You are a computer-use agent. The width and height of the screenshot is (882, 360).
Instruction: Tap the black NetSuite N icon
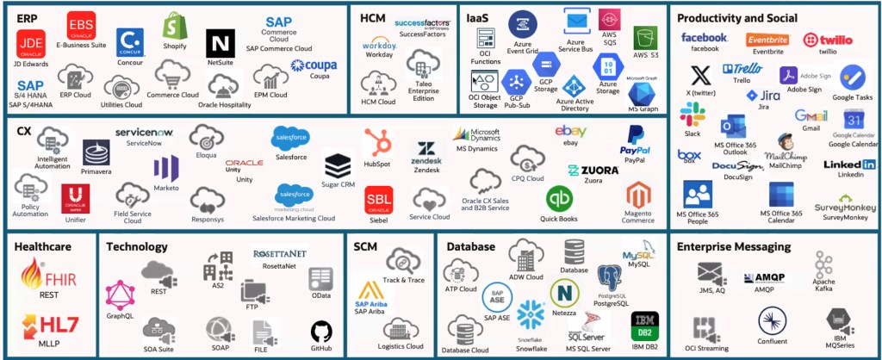tap(220, 42)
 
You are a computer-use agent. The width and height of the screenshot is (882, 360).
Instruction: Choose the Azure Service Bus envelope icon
tap(576, 19)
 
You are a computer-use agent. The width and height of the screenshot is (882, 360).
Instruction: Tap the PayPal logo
tap(635, 138)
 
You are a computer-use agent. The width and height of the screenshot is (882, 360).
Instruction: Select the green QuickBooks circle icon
tap(559, 198)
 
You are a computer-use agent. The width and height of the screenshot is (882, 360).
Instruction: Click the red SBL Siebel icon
tap(379, 200)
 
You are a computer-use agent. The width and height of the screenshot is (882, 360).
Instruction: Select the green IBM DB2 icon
tap(644, 326)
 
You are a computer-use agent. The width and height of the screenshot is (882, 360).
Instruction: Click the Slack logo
tap(692, 114)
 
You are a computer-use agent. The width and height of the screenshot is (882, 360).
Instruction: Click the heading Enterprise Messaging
tap(734, 247)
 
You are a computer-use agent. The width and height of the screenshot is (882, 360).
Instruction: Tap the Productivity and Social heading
tap(736, 18)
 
